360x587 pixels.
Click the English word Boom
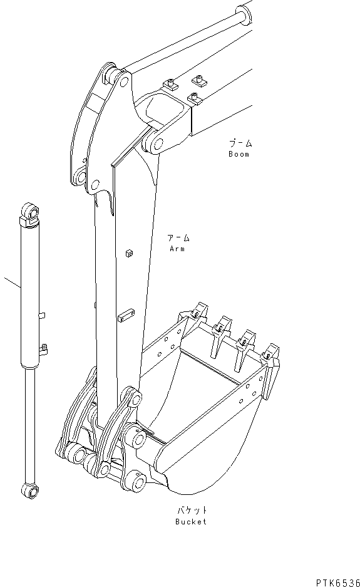(239, 154)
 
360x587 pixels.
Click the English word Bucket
(190, 522)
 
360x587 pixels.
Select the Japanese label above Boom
(240, 143)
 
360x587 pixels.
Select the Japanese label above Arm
(178, 238)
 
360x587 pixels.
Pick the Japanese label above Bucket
(191, 511)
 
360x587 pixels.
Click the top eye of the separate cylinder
(29, 211)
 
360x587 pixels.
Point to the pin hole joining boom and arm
(153, 142)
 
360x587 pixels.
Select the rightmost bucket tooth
(272, 355)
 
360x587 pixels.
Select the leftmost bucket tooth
(200, 311)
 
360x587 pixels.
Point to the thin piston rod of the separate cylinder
(29, 426)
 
